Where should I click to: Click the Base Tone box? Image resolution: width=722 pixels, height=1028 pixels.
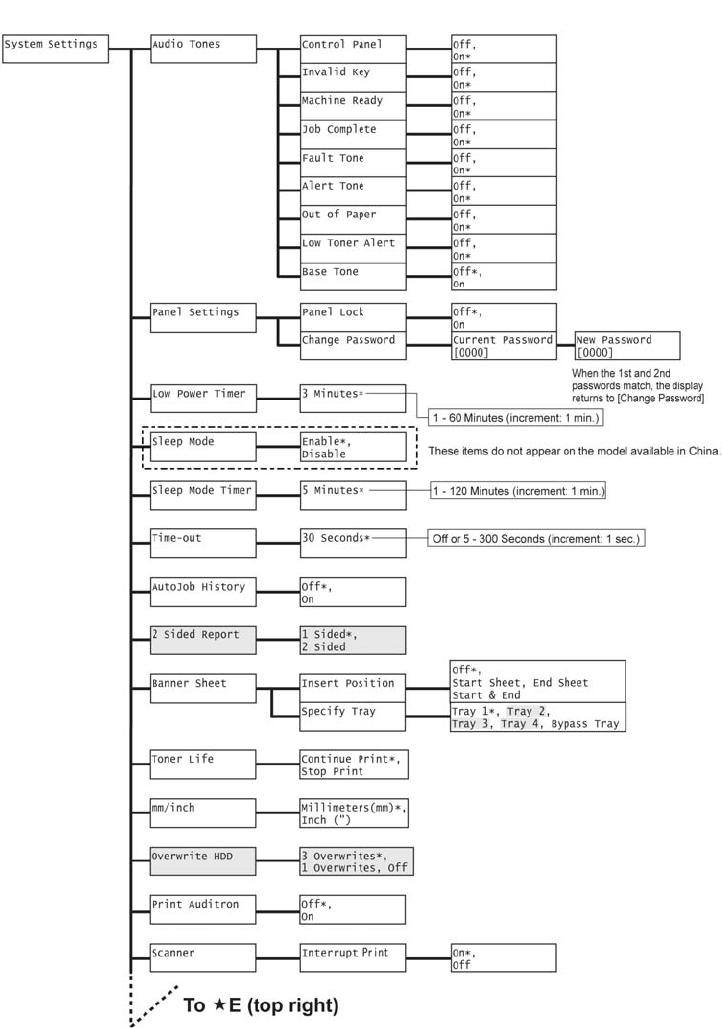[353, 276]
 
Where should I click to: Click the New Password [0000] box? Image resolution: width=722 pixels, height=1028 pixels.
[628, 345]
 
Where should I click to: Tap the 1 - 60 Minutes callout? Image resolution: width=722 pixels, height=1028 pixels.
[514, 418]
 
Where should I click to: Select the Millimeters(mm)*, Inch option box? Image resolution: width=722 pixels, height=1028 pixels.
[353, 813]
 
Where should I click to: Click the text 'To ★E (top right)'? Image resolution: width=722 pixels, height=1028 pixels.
[260, 1005]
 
